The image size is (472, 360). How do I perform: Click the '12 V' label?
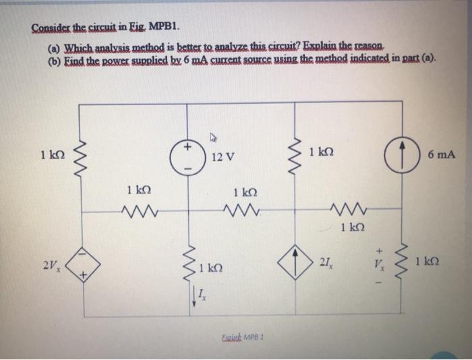coord(222,156)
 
